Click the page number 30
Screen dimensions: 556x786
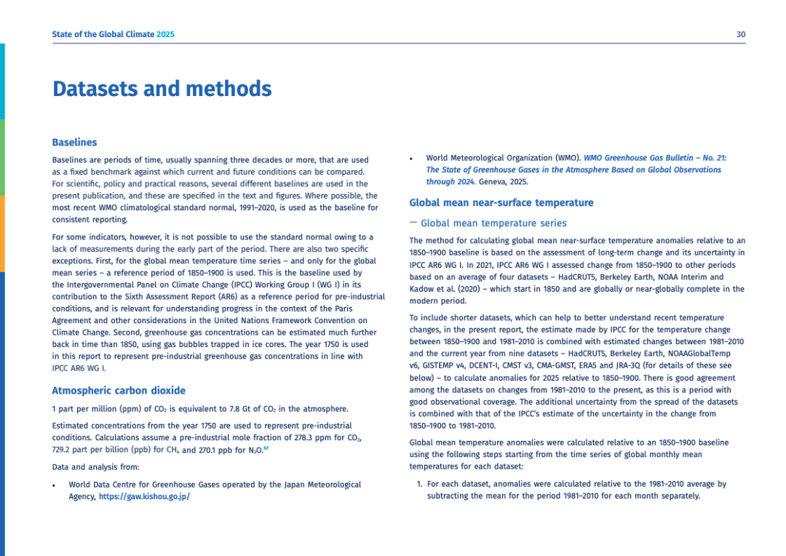point(740,34)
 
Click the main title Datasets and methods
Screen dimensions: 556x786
point(162,90)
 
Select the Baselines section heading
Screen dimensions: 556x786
point(74,143)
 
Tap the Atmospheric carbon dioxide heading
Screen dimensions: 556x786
point(119,391)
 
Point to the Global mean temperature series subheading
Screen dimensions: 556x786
point(493,223)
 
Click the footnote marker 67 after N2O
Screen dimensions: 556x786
point(266,449)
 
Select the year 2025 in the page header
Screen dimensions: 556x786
point(165,34)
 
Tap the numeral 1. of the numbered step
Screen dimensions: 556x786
point(419,484)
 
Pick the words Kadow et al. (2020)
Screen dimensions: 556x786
point(446,289)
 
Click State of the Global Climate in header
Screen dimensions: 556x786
point(103,34)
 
